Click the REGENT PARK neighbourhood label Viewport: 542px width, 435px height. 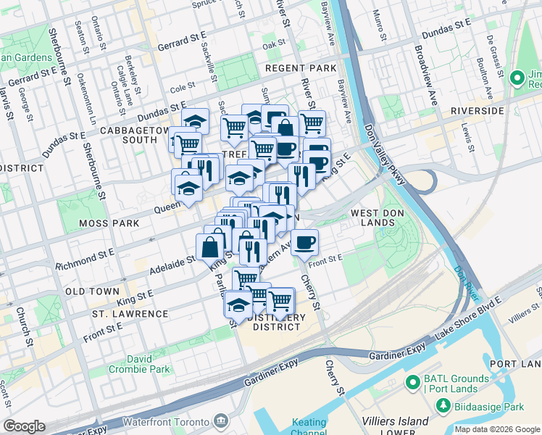point(301,67)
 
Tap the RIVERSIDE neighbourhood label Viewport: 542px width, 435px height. point(476,111)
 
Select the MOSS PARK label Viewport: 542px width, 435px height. point(109,223)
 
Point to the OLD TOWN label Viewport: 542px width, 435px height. point(92,291)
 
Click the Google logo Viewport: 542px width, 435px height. point(24,426)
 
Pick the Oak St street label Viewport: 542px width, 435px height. point(274,44)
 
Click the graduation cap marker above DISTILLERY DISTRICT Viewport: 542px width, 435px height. point(238,305)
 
